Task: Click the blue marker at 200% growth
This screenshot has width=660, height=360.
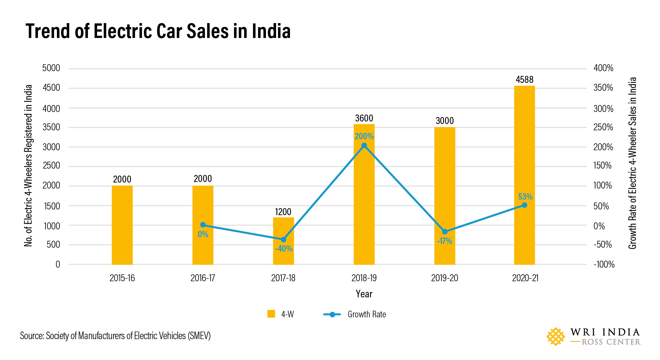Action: [x=364, y=146]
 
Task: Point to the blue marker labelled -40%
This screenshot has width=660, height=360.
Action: [x=283, y=239]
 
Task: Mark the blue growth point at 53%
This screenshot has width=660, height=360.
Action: [x=524, y=205]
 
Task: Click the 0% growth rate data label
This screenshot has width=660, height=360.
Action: [x=203, y=234]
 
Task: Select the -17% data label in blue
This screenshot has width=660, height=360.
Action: [x=444, y=241]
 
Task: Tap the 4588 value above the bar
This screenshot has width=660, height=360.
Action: [x=524, y=80]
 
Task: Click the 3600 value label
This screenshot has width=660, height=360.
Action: [x=364, y=118]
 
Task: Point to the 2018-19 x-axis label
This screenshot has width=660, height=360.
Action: [x=364, y=278]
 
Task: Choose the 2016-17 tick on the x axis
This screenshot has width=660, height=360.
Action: [x=203, y=278]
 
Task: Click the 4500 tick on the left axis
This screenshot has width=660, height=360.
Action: [x=51, y=88]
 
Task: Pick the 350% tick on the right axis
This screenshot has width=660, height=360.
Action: [x=603, y=88]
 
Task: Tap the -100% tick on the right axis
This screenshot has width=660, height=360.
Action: [x=604, y=264]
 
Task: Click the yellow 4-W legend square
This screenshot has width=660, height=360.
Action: [x=271, y=314]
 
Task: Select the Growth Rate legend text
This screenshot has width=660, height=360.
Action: [x=367, y=314]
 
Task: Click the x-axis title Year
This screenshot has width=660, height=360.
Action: [x=364, y=294]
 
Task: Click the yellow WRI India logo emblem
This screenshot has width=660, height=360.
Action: [x=555, y=337]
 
